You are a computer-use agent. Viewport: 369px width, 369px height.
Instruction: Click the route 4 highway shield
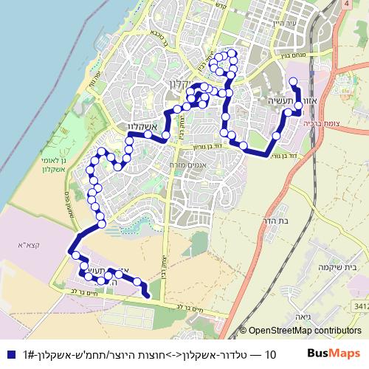click(x=347, y=4)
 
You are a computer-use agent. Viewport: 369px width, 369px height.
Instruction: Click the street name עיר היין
click(x=283, y=26)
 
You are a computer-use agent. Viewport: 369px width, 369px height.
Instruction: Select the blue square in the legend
click(x=9, y=355)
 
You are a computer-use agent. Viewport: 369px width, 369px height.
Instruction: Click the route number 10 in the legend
click(x=269, y=355)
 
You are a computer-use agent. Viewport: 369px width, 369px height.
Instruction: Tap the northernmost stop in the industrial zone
click(x=293, y=82)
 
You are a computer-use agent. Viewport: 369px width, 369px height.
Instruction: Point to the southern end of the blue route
click(x=148, y=296)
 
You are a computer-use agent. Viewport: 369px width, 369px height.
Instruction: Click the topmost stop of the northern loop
click(x=230, y=52)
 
